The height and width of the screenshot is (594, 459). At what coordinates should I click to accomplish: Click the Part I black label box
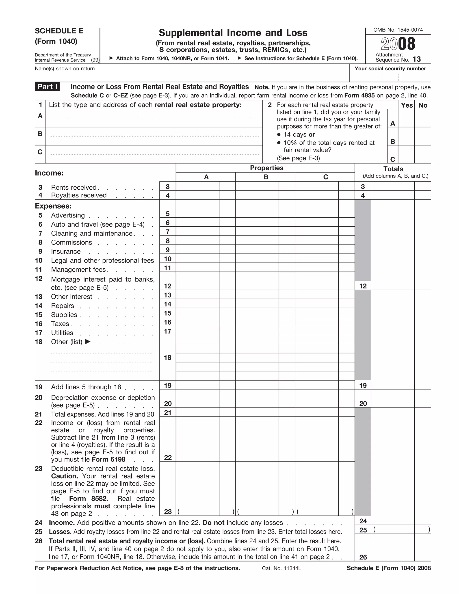[47, 87]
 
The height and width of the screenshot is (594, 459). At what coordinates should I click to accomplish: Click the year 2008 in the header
[398, 44]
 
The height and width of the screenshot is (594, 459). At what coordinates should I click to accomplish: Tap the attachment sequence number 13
[416, 59]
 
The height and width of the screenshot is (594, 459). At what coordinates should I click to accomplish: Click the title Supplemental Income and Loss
[233, 33]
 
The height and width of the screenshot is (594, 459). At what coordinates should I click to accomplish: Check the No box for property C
[422, 154]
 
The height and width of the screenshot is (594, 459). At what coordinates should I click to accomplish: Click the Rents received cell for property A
[197, 186]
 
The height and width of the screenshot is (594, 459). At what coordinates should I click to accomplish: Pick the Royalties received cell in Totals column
[392, 195]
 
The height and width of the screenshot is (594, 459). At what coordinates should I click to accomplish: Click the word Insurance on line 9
[66, 251]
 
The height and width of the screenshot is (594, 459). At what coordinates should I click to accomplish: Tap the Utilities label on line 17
[62, 333]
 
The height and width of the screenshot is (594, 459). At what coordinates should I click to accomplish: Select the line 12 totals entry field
[392, 286]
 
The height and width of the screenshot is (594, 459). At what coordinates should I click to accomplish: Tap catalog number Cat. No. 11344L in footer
[281, 568]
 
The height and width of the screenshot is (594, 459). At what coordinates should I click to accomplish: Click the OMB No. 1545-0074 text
[398, 30]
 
